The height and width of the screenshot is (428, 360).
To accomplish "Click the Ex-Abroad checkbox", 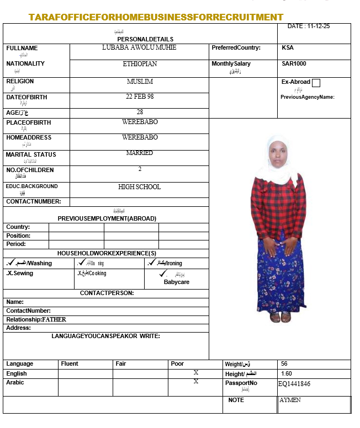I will [316, 83].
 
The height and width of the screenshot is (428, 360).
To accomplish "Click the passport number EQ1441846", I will [294, 384].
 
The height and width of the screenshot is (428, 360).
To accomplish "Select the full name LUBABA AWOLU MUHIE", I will [139, 47].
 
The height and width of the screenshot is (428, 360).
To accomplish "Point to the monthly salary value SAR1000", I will [294, 64].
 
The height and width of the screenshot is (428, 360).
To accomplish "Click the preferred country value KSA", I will [288, 48].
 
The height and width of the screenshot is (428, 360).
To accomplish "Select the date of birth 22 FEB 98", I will [140, 97].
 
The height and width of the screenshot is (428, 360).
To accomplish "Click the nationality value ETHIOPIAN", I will [140, 64].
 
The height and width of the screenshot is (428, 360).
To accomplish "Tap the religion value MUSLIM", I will [140, 82].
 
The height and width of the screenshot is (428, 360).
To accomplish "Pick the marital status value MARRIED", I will [140, 153].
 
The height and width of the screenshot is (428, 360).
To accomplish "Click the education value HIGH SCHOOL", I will [140, 187].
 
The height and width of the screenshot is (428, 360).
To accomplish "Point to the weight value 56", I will [284, 364].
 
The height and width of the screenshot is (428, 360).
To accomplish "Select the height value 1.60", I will [286, 373].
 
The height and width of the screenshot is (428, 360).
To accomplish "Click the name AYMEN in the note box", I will [290, 400].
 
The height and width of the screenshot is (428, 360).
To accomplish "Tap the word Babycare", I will [177, 282].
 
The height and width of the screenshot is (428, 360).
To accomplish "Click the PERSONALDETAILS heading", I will [145, 39].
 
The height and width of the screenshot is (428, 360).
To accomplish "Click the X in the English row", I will [196, 373].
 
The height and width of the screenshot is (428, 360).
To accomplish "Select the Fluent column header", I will [70, 364].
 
